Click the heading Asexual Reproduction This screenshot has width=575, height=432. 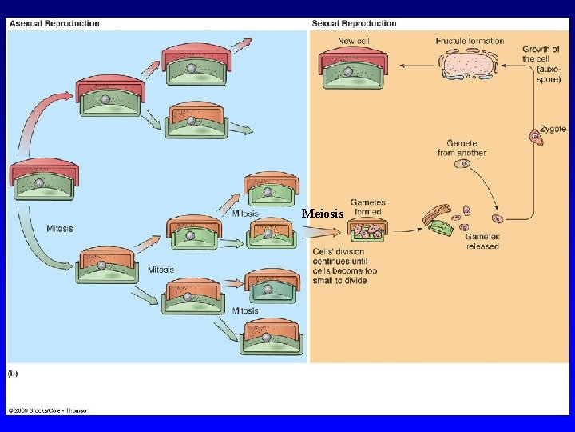(54, 23)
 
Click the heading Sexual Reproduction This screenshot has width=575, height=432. (354, 23)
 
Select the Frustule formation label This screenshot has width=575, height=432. (470, 41)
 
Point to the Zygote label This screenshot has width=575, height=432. (553, 128)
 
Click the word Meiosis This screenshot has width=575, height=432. (323, 214)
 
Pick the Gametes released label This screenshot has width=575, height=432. (482, 242)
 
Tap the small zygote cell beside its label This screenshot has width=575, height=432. (537, 138)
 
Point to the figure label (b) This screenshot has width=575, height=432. (14, 373)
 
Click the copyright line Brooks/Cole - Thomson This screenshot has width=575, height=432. (50, 410)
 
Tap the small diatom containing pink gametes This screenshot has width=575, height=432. (367, 231)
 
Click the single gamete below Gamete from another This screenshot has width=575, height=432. (462, 164)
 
